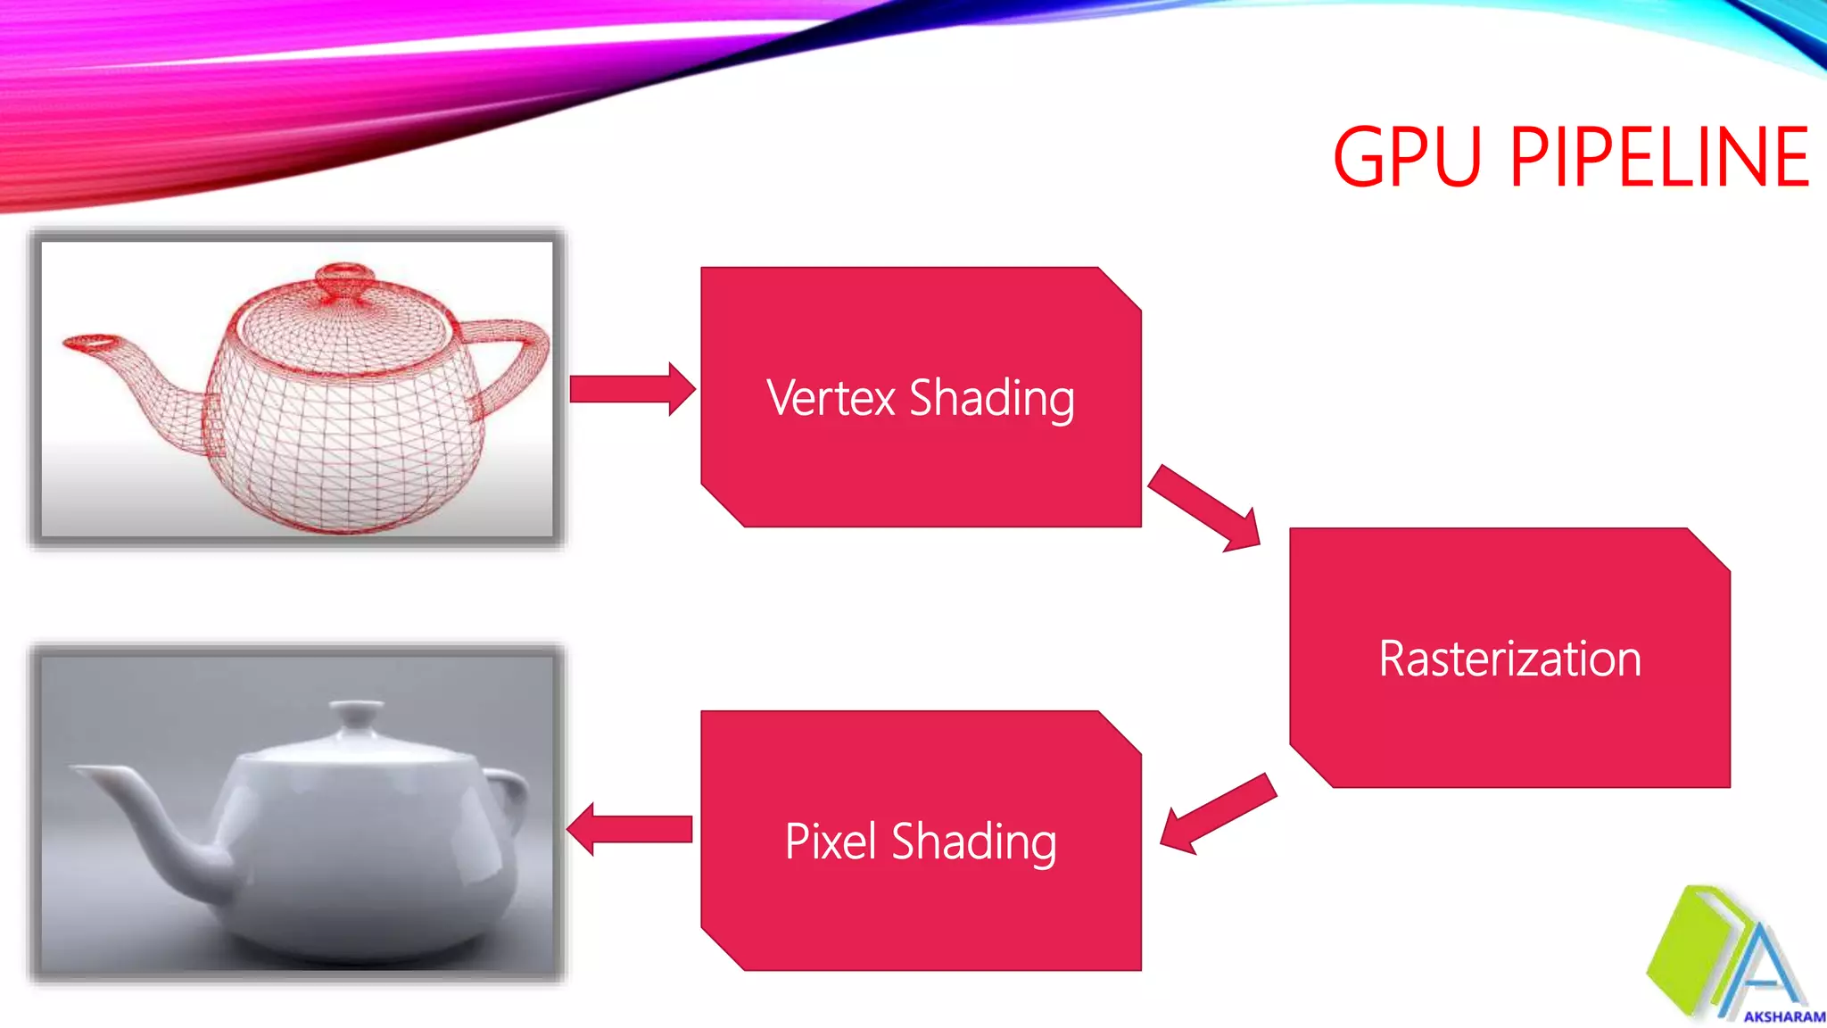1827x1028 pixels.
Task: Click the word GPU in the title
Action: [1408, 158]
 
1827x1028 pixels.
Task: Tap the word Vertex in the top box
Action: [831, 398]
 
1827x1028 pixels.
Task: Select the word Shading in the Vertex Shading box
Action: [991, 399]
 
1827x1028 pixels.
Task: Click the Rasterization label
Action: [1509, 659]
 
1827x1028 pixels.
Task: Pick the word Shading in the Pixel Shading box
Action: [974, 842]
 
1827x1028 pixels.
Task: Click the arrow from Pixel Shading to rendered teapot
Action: [630, 829]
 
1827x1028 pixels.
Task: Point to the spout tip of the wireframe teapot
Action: [89, 342]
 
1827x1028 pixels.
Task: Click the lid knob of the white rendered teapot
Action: [356, 710]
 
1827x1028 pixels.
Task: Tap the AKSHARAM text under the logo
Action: [1783, 1016]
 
